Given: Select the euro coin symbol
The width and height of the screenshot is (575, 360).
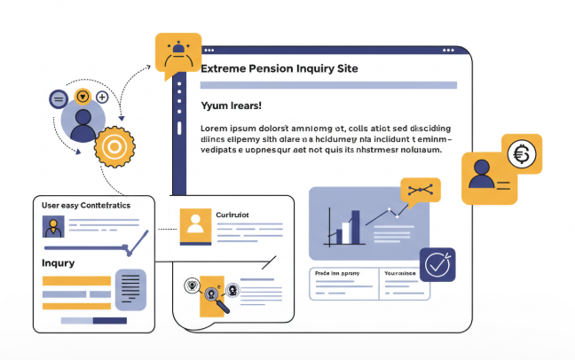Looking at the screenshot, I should (x=522, y=155).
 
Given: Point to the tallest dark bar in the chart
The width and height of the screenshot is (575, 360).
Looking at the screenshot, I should (x=356, y=227).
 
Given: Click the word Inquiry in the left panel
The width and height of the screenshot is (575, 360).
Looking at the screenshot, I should (x=59, y=263).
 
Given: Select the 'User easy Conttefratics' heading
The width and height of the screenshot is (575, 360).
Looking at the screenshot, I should (x=86, y=205).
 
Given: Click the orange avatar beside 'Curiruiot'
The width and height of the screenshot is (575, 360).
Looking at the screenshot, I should (x=195, y=226).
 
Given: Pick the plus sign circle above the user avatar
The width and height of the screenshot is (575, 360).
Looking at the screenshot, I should (x=102, y=97).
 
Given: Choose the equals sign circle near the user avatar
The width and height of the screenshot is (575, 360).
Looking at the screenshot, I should (x=59, y=98).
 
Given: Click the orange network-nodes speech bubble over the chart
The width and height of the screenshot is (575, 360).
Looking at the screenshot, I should (x=421, y=190).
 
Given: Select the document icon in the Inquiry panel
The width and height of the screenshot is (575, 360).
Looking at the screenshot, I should (x=130, y=288).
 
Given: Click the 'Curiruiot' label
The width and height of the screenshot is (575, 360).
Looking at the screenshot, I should (x=233, y=215).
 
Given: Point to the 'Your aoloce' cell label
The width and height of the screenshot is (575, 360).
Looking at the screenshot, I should (x=401, y=274).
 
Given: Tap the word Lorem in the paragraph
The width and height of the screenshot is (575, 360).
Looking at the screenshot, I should (x=214, y=127).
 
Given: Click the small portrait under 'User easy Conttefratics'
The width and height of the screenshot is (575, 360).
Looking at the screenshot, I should (x=53, y=227).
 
